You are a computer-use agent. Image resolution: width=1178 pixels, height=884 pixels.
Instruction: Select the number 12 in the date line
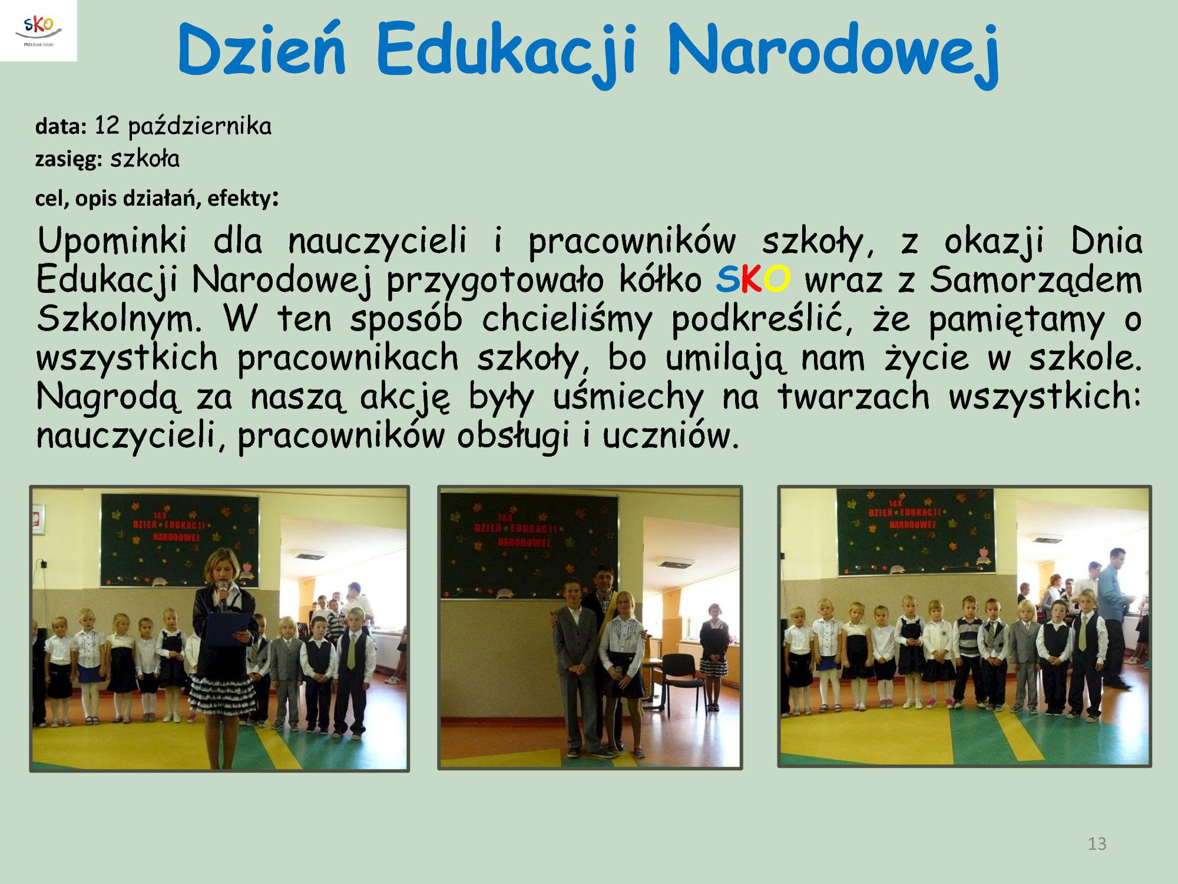(x=107, y=126)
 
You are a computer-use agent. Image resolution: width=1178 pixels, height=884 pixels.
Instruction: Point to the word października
(x=200, y=127)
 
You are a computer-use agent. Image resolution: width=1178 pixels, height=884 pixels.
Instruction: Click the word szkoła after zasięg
(x=145, y=159)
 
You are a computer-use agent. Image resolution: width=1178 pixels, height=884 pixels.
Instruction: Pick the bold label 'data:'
(x=61, y=126)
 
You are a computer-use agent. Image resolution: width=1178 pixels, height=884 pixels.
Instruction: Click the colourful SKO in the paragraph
(x=753, y=279)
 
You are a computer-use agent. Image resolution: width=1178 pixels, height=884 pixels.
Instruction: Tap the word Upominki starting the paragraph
(x=112, y=242)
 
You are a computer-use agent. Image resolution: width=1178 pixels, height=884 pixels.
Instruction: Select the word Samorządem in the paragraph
(x=1036, y=280)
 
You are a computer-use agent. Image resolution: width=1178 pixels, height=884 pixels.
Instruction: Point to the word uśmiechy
(x=628, y=397)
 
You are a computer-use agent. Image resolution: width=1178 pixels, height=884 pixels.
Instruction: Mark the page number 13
(x=1097, y=844)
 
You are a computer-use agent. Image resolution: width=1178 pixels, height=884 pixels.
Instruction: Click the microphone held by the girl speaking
(x=223, y=594)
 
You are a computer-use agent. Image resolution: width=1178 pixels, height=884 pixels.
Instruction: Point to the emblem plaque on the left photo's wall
(x=38, y=519)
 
